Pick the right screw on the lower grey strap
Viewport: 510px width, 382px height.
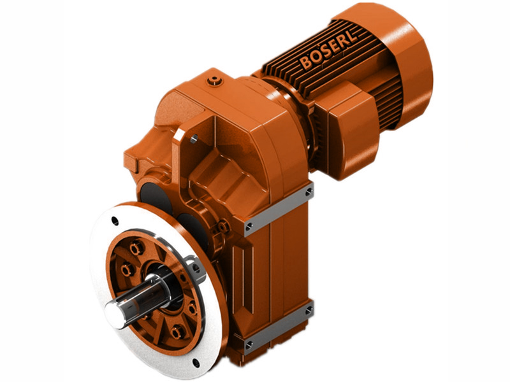click(x=309, y=310)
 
